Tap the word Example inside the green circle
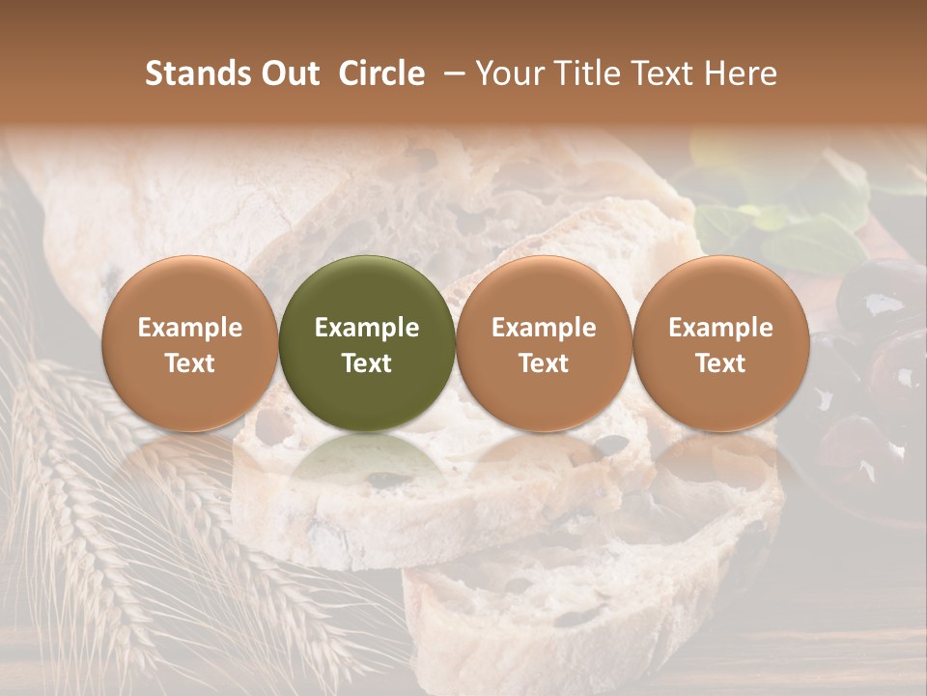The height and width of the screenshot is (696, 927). pyautogui.click(x=367, y=328)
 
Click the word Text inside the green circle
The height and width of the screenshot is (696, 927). pyautogui.click(x=367, y=363)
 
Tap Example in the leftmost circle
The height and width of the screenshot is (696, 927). pyautogui.click(x=189, y=328)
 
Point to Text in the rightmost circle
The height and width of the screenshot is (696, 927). pyautogui.click(x=721, y=363)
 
